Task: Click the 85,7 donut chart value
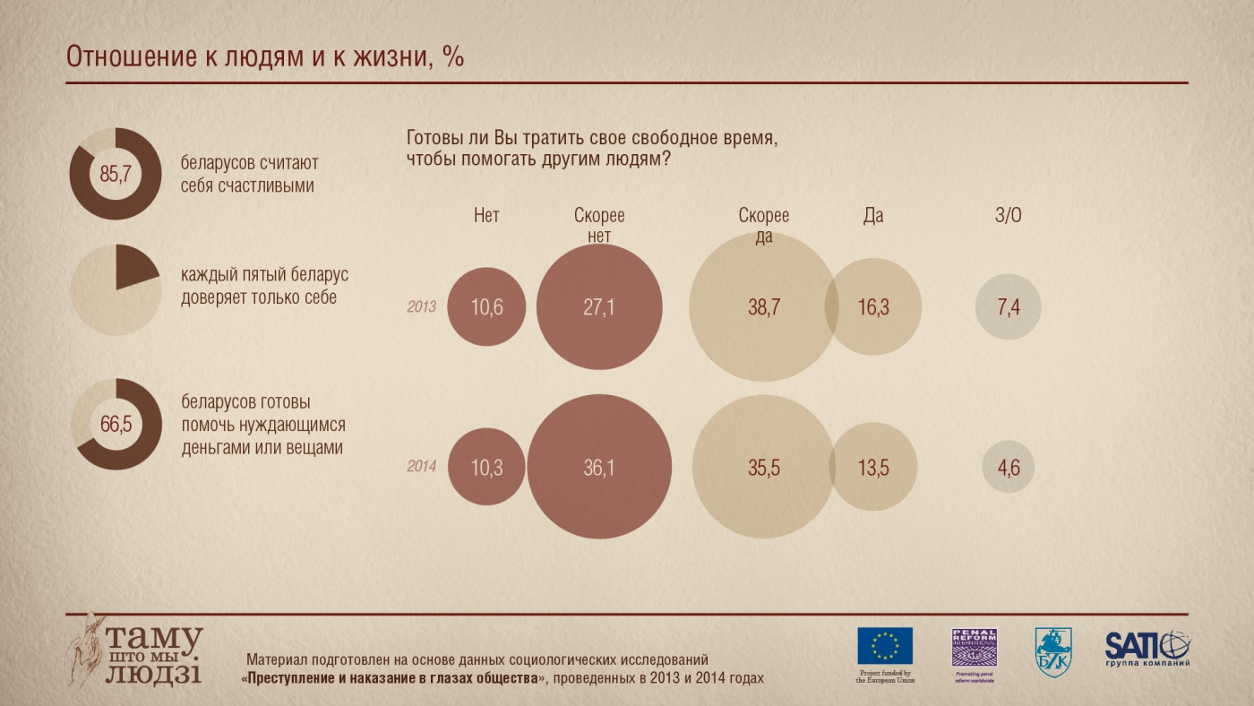115,175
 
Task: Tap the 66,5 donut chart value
116,425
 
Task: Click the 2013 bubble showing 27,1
599,307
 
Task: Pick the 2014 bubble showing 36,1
599,467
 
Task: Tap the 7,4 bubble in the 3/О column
1009,307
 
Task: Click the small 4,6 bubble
1009,467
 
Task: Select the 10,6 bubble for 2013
486,307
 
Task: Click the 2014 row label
421,467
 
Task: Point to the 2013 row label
421,307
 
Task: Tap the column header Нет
486,216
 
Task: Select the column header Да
873,216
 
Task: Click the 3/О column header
1009,216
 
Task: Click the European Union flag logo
885,646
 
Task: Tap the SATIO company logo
1147,647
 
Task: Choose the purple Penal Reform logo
974,647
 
